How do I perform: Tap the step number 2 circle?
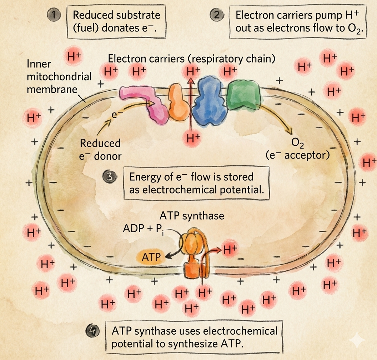click(216, 15)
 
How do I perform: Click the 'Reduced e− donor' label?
click(100, 149)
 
